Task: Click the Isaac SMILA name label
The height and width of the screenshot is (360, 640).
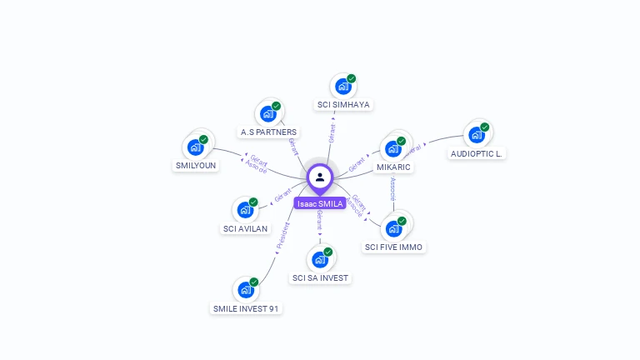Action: pyautogui.click(x=319, y=203)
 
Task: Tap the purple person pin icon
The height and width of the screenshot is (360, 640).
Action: pyautogui.click(x=320, y=177)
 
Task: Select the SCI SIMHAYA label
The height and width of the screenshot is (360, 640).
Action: pyautogui.click(x=343, y=105)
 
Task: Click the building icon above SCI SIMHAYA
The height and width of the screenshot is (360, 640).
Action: pyautogui.click(x=343, y=85)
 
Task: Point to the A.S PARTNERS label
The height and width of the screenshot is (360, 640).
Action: pyautogui.click(x=268, y=132)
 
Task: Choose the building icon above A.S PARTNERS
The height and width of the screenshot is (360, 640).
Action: pyautogui.click(x=268, y=112)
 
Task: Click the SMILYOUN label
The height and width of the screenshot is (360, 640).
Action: pyautogui.click(x=196, y=165)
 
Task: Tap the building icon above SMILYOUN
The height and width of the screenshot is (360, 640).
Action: pyautogui.click(x=196, y=147)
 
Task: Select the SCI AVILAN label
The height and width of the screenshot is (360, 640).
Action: pyautogui.click(x=246, y=228)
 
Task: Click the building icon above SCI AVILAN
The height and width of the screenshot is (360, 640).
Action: pyautogui.click(x=246, y=209)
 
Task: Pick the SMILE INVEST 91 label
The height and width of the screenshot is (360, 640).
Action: pyautogui.click(x=246, y=308)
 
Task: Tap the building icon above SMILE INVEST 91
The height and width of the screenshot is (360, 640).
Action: pyautogui.click(x=246, y=289)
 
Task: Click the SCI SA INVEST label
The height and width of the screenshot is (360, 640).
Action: pyautogui.click(x=320, y=277)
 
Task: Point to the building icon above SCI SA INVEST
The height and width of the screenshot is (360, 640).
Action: pyautogui.click(x=320, y=258)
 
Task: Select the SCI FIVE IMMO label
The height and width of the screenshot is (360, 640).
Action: pyautogui.click(x=394, y=247)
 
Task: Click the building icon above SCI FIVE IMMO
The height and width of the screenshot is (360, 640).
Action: pyautogui.click(x=394, y=227)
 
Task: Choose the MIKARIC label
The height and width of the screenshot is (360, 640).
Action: pyautogui.click(x=393, y=167)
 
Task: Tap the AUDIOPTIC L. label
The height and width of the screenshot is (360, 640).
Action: pyautogui.click(x=477, y=153)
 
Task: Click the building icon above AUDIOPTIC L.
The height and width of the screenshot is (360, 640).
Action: pyautogui.click(x=477, y=134)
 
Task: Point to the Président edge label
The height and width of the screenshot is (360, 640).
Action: pyautogui.click(x=282, y=236)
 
